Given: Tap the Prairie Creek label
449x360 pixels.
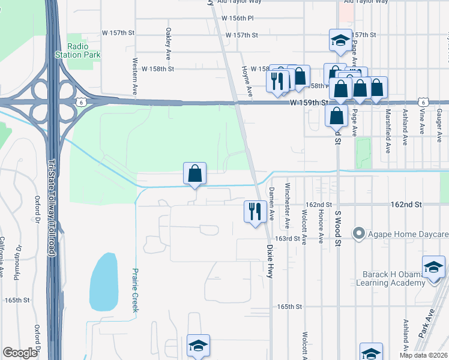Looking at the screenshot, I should [135, 290].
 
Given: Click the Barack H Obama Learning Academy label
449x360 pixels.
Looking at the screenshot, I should [393, 278].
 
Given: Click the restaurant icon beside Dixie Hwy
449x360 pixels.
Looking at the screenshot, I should [255, 211].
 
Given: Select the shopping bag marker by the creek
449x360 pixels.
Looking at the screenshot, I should [195, 174].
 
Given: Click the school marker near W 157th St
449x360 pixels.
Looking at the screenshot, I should [340, 41].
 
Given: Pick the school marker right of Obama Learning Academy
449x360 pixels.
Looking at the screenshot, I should [433, 267].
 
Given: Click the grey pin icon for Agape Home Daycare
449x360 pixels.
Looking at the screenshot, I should [360, 233].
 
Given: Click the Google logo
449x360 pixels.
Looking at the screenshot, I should [20, 353].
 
